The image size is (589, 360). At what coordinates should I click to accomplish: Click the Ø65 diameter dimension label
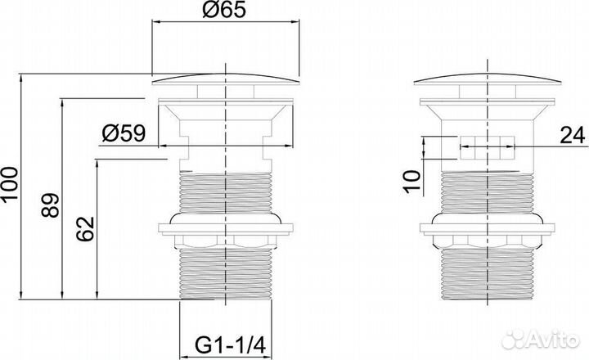click(x=224, y=9)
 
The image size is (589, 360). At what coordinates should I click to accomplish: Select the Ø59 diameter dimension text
click(x=124, y=133)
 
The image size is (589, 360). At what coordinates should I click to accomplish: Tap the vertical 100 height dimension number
click(x=9, y=186)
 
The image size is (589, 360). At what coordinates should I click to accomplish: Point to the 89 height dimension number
click(x=51, y=205)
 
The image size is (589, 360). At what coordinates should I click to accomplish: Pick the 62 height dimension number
click(x=85, y=229)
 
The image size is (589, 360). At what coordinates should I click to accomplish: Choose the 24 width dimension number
click(x=573, y=135)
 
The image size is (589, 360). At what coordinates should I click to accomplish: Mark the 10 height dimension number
click(x=411, y=182)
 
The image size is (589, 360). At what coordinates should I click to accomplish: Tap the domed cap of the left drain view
click(x=226, y=79)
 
